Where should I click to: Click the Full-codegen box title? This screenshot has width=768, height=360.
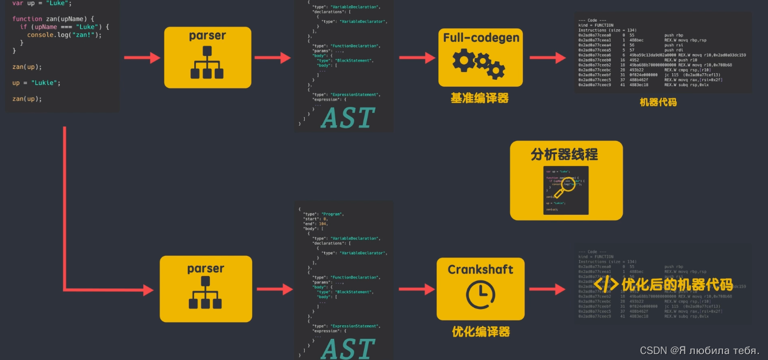click(481, 38)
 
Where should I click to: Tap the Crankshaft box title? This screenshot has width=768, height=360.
click(480, 269)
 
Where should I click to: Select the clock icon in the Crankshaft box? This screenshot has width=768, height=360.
click(480, 294)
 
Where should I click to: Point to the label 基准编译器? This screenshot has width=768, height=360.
click(479, 98)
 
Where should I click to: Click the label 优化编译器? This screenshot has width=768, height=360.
click(481, 331)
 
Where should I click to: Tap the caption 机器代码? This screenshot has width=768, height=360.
click(658, 102)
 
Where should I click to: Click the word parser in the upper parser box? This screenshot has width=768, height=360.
click(207, 36)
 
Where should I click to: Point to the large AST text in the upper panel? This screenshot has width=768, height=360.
click(348, 118)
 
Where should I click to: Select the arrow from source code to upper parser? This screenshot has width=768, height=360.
click(142, 57)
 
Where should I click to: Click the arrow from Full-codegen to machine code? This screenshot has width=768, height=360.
click(548, 57)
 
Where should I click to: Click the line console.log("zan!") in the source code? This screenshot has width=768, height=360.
click(64, 34)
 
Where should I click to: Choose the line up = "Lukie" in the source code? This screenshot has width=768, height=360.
click(36, 83)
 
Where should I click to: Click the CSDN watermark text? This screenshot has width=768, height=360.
click(700, 350)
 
